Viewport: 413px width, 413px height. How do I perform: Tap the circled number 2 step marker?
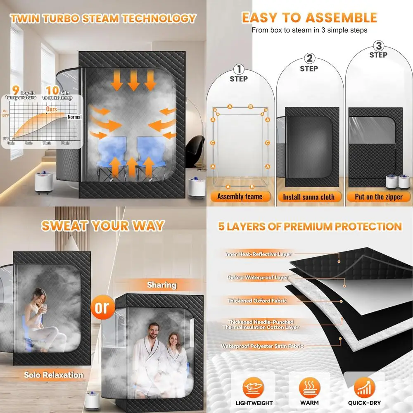[309, 58]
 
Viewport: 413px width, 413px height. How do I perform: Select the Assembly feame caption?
[240, 197]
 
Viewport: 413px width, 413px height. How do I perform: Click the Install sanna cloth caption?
[309, 197]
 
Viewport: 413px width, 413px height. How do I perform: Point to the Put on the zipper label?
[379, 197]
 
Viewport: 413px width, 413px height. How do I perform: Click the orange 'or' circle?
[102, 307]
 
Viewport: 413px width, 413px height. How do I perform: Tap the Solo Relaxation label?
[53, 375]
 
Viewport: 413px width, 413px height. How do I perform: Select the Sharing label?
[162, 285]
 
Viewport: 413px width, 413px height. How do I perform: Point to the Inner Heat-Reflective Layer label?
[258, 254]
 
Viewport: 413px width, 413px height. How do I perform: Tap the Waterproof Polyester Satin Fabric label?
[262, 346]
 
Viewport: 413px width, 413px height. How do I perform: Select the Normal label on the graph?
[74, 117]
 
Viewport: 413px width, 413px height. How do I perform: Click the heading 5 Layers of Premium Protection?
[310, 226]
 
